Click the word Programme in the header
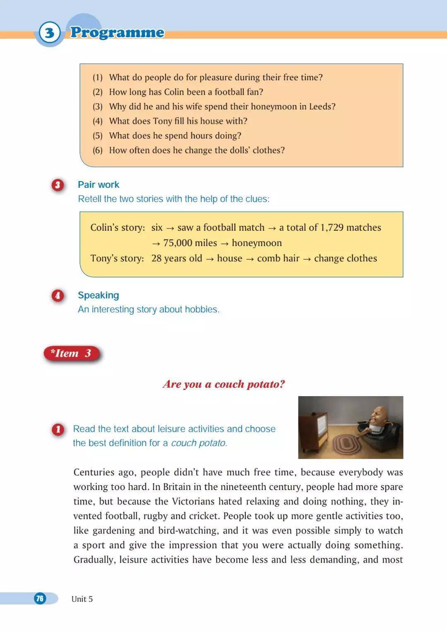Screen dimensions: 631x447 point(117,32)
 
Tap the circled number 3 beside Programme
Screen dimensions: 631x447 point(49,32)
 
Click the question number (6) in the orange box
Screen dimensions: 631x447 point(97,150)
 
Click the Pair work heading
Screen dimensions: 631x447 point(99,184)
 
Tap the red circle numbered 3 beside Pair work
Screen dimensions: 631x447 point(58,185)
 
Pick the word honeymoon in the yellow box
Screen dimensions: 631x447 point(257,243)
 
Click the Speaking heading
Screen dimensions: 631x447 point(99,295)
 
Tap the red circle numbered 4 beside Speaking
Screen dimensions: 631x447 point(58,296)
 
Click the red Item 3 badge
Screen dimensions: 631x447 point(71,354)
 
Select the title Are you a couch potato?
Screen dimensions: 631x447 point(224,384)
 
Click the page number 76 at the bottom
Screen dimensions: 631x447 point(40,598)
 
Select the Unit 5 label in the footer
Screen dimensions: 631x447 point(82,599)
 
